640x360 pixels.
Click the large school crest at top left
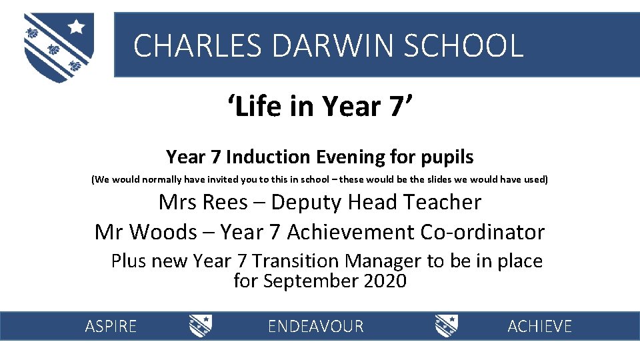tap(59, 47)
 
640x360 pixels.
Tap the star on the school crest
tap(77, 27)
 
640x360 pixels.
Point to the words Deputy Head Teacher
tap(377, 202)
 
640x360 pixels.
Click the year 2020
tap(385, 281)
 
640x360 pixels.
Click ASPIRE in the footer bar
tap(111, 326)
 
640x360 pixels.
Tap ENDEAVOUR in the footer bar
tap(315, 326)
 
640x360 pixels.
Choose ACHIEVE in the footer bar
tap(539, 326)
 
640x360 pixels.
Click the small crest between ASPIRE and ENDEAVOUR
tap(201, 325)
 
